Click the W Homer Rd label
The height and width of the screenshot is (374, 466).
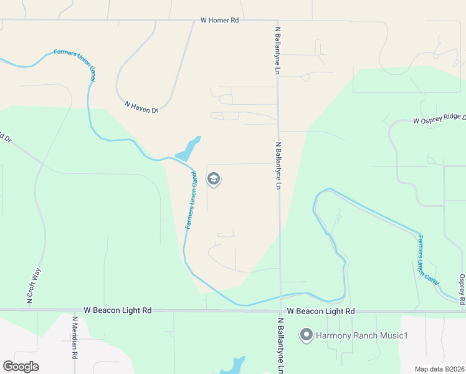click(220, 20)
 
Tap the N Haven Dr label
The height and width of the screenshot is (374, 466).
click(141, 107)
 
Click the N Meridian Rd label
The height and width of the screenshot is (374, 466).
click(75, 338)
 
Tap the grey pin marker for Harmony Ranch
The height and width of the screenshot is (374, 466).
click(306, 335)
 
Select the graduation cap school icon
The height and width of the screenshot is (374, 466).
click(213, 180)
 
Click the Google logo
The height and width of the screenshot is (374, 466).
click(21, 366)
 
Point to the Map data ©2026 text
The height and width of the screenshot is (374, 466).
click(439, 369)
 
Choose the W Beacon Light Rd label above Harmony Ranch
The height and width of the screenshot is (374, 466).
click(321, 311)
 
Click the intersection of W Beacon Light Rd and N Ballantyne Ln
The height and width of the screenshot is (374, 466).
click(280, 310)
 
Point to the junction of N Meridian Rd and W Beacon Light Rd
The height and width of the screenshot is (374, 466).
click(74, 310)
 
